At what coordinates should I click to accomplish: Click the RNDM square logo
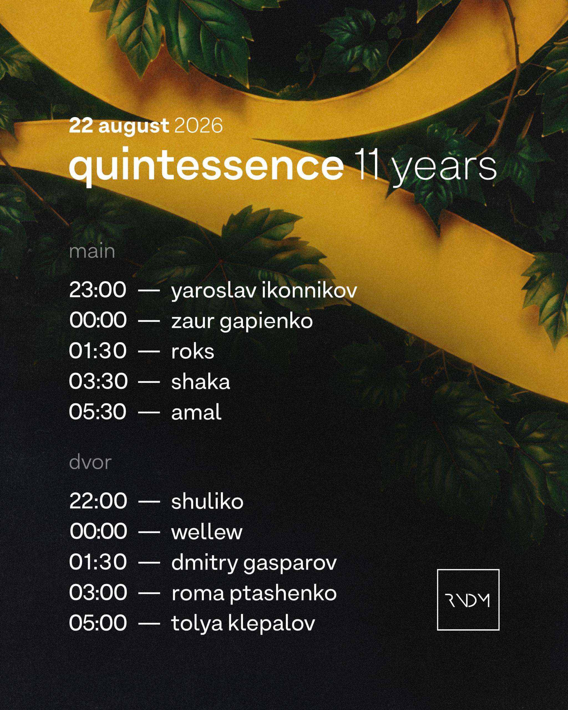(468, 600)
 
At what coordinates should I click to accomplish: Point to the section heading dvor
(90, 462)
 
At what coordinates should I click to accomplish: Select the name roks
(193, 351)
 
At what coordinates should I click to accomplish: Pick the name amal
(196, 412)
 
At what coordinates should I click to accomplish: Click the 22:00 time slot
(98, 501)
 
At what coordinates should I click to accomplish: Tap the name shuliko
(207, 501)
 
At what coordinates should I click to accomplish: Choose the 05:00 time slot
(98, 623)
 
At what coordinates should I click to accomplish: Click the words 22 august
(119, 126)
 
